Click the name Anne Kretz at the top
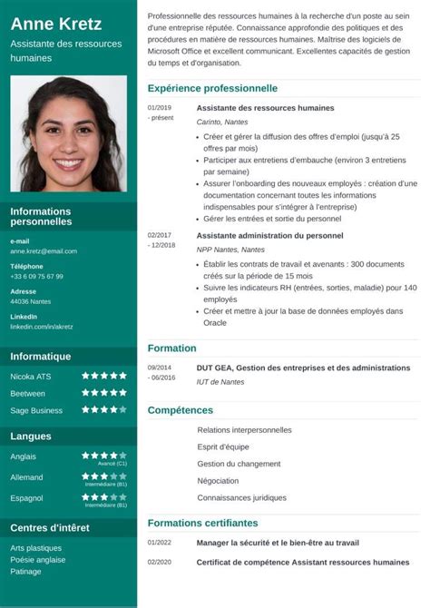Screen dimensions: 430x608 coord(55,25)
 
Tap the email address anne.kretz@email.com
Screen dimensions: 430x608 coord(44,250)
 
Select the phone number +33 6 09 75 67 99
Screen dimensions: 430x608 coord(36,276)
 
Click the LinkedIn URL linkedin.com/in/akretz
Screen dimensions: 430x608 coord(42,326)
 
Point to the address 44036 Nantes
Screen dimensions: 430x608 coord(31,301)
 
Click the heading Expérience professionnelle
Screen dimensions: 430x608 coord(212,89)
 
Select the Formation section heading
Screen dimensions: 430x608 coord(171,348)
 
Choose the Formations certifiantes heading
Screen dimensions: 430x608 coord(203,523)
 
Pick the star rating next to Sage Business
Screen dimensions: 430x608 coord(104,410)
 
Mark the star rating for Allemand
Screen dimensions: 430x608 coord(104,476)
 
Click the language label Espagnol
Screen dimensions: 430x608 coord(26,498)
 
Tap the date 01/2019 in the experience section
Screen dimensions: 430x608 coord(159,107)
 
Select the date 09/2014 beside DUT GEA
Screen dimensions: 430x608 coord(159,368)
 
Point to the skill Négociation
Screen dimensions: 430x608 coord(218,481)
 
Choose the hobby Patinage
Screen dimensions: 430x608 coord(26,571)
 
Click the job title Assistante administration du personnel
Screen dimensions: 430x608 coord(269,235)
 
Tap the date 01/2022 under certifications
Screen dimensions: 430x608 coord(159,543)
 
